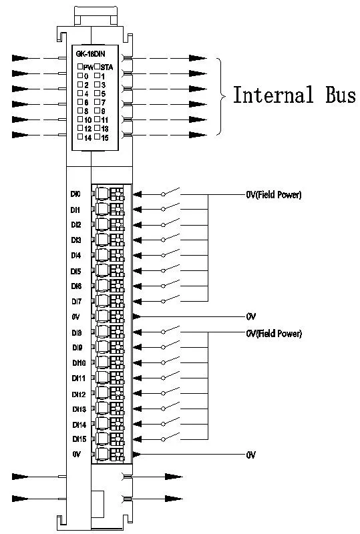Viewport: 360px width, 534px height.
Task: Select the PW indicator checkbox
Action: [x=79, y=67]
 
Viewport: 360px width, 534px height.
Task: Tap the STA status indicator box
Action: [x=98, y=67]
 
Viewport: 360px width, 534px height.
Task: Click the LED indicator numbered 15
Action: [x=98, y=137]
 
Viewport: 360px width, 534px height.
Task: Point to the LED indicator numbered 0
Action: [x=79, y=75]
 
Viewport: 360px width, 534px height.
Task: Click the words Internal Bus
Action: [x=293, y=95]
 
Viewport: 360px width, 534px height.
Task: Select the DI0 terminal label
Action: [x=75, y=194]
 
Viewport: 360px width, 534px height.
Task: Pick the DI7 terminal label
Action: [x=75, y=301]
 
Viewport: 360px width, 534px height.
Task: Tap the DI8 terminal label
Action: [x=75, y=332]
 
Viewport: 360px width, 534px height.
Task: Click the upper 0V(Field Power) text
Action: [x=273, y=196]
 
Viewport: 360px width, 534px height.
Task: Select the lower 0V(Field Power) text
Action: [x=273, y=333]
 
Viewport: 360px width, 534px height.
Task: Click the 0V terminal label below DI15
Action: [x=76, y=454]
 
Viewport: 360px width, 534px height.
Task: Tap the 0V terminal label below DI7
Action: [x=76, y=316]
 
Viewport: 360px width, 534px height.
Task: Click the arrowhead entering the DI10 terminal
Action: [x=138, y=362]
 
